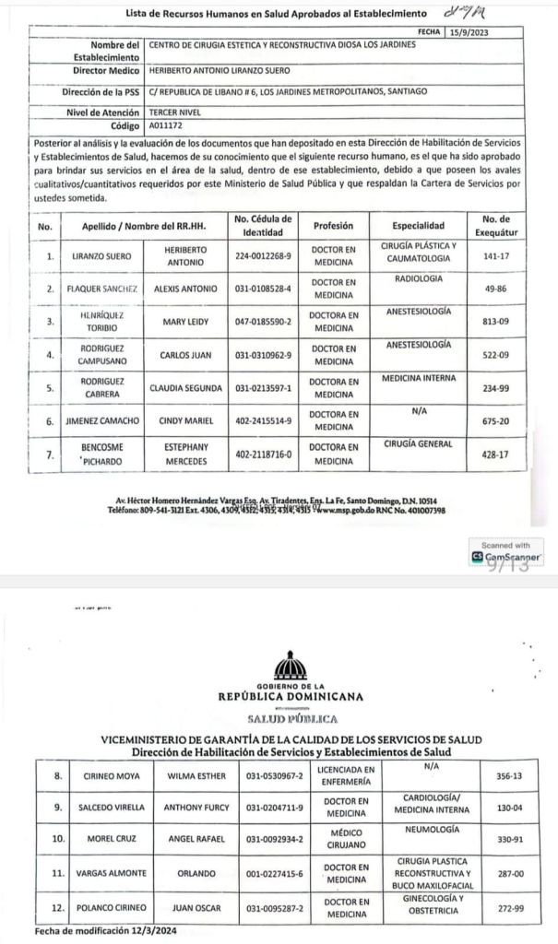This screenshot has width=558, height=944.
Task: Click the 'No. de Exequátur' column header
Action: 496,225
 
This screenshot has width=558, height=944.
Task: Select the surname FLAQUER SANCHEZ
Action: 101,289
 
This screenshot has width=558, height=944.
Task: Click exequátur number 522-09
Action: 496,355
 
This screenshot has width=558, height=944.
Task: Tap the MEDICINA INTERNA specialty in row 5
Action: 418,379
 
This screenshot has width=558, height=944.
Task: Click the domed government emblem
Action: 291,667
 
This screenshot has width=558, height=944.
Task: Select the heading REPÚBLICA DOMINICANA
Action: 291,697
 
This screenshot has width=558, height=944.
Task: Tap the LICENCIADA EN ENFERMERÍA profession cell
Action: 345,775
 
